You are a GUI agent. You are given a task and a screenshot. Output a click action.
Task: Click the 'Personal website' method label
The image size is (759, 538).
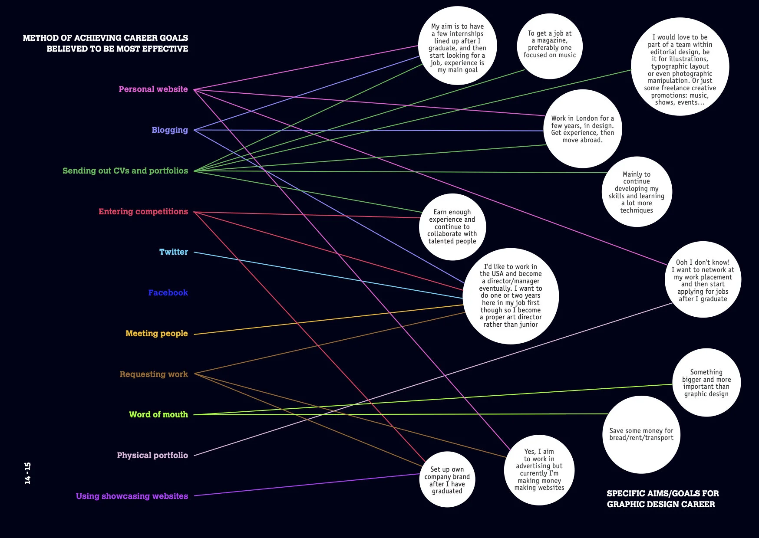[x=153, y=89]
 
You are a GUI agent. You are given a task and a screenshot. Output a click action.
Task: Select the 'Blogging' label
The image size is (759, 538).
[x=170, y=130]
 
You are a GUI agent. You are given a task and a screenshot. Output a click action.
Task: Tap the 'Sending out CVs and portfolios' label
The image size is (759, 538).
[x=125, y=171]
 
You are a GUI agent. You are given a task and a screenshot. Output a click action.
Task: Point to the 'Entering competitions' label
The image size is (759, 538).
[x=143, y=212]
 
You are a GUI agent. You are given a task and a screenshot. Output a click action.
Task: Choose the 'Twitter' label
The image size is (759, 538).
[x=173, y=252]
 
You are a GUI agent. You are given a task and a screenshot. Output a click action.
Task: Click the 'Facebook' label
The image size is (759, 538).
[x=168, y=293]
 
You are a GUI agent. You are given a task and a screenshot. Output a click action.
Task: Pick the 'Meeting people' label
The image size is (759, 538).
[x=156, y=334]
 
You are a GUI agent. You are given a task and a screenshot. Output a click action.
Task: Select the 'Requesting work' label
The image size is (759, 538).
[x=154, y=374]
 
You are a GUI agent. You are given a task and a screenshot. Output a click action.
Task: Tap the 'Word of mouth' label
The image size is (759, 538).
[x=158, y=415]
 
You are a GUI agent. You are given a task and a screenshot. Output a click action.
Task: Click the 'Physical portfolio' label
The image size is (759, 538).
[x=152, y=456]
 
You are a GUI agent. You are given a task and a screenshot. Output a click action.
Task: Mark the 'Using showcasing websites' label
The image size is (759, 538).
[x=132, y=496]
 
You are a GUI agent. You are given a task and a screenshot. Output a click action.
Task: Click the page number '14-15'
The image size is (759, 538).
[x=28, y=473]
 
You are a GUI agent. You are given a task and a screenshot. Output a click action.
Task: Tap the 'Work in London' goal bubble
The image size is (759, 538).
[x=582, y=129]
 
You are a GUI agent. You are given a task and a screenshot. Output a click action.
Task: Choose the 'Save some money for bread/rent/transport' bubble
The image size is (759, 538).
[x=641, y=434]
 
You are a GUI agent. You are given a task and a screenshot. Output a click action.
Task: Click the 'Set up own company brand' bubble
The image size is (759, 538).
[x=447, y=480]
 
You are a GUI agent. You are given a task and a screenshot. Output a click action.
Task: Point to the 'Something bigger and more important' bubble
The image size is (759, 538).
[x=706, y=383]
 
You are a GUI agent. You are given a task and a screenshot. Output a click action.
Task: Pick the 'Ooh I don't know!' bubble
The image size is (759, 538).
[x=703, y=280]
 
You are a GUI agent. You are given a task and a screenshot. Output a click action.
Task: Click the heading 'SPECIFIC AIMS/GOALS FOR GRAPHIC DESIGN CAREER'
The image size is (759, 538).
[x=662, y=499]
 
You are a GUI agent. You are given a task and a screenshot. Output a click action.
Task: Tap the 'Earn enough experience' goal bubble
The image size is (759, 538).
[x=452, y=226]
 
